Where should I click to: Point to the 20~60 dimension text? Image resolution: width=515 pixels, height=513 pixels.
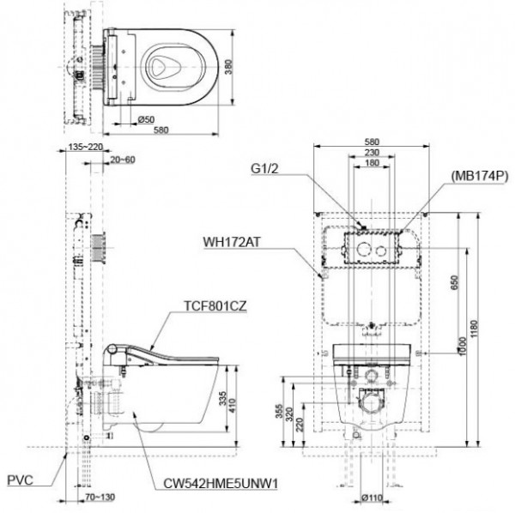[x=124, y=160]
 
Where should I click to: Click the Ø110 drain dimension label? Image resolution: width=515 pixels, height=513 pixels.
[x=372, y=497]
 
